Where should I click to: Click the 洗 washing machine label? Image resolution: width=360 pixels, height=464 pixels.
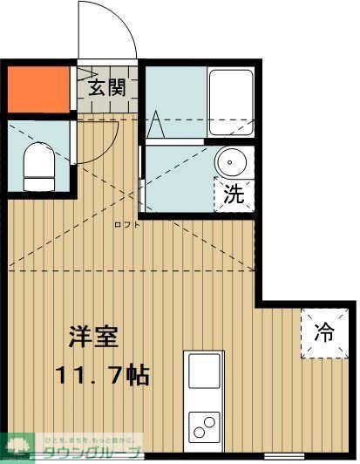pos(232,194)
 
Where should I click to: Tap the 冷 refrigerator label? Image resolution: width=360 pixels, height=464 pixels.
pos(324,332)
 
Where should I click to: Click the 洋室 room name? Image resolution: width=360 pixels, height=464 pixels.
pos(94,338)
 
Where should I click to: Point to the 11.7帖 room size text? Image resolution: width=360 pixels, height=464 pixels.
pos(103,376)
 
